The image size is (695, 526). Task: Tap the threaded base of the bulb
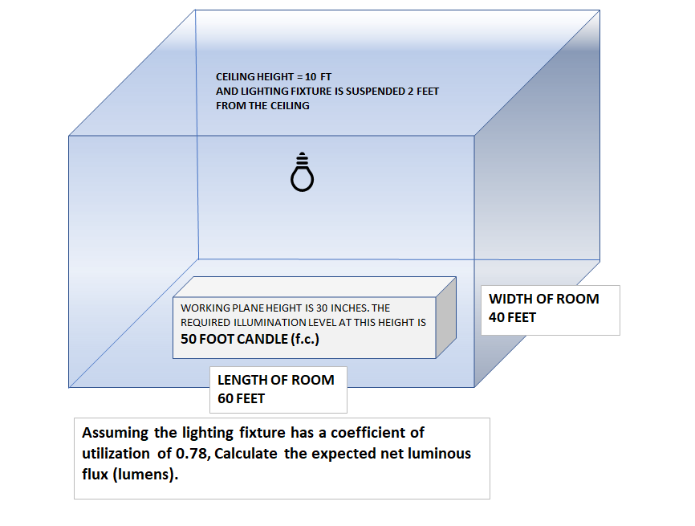(x=302, y=157)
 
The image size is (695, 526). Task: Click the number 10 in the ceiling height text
(x=315, y=76)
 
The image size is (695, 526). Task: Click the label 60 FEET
(x=242, y=398)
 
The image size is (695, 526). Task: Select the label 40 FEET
(x=513, y=317)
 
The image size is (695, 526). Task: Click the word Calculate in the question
(x=246, y=454)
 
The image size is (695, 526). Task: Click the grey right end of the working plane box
(x=445, y=316)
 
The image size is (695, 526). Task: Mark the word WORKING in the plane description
(x=205, y=308)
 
